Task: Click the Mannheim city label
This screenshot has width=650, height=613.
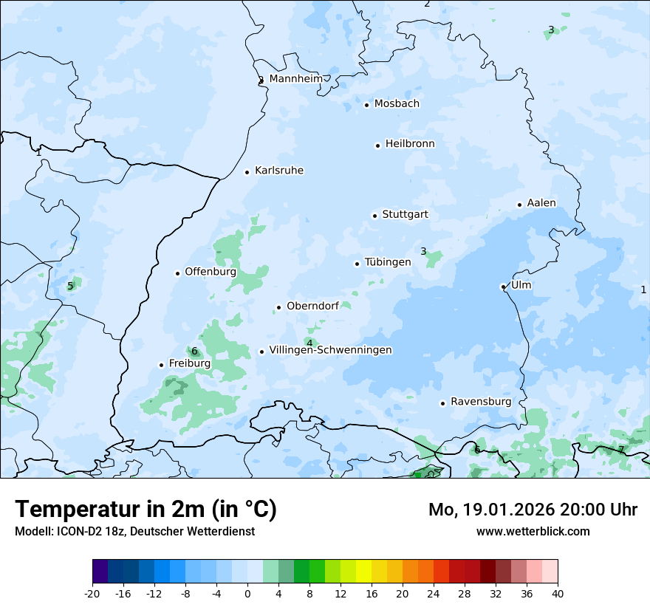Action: (x=295, y=78)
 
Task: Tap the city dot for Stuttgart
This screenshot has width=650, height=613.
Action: (x=375, y=216)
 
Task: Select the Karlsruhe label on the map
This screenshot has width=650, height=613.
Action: (x=279, y=171)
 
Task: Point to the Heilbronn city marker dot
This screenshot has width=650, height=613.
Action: (x=377, y=145)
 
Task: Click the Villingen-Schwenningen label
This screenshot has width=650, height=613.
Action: (x=330, y=350)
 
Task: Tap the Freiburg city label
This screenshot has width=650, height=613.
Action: (x=189, y=363)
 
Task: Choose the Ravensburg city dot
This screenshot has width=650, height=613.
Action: (x=442, y=403)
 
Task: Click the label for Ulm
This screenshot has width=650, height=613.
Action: (x=521, y=285)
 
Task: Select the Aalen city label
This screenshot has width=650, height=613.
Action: (x=541, y=203)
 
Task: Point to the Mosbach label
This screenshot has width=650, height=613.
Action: (x=397, y=104)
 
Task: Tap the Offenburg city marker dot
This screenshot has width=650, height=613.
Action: (x=177, y=273)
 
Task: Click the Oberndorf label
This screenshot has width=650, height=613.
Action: (x=312, y=306)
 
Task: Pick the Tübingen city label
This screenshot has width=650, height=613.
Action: (x=388, y=262)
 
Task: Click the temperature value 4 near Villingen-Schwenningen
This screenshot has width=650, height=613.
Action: (x=309, y=343)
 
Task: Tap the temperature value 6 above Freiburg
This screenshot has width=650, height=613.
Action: (x=194, y=352)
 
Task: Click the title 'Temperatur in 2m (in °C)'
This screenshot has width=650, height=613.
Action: (x=146, y=510)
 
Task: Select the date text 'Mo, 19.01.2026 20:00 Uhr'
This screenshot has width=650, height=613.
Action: (x=533, y=510)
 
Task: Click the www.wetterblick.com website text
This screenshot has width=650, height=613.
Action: (x=533, y=531)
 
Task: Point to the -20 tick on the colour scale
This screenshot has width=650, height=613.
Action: (x=92, y=594)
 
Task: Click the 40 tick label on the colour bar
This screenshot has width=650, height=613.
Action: (x=557, y=594)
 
